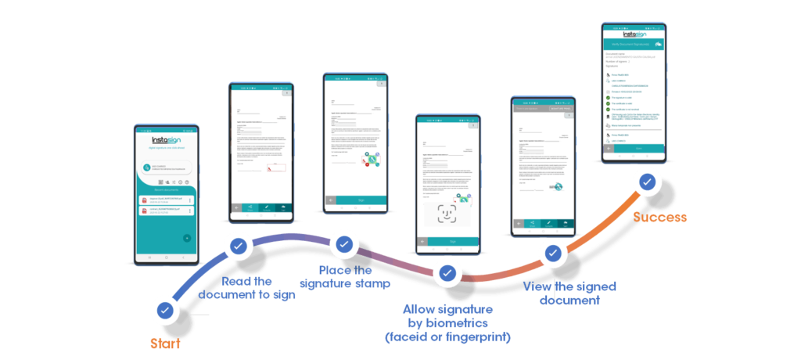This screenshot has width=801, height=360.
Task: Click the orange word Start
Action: point(167,342)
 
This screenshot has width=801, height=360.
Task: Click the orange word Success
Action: point(660,217)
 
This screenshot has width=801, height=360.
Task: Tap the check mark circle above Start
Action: point(165,310)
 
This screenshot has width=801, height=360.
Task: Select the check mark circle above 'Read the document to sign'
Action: point(238,246)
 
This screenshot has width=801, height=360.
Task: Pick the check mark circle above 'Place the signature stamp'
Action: point(343,244)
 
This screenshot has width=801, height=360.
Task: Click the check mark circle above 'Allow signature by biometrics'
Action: point(447,273)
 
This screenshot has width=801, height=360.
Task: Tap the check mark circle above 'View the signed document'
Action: point(553,253)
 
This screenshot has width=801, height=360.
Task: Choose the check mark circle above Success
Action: point(646,182)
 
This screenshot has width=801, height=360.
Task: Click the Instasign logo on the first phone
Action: point(165,140)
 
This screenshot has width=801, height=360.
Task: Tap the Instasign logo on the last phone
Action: point(634,34)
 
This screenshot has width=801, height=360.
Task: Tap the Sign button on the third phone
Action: point(361,200)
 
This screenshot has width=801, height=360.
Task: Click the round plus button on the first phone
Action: point(186,238)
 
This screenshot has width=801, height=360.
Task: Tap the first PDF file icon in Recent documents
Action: point(144,200)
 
